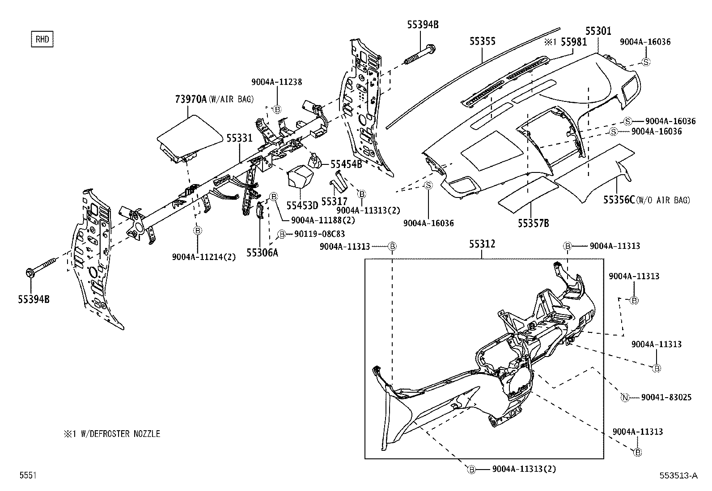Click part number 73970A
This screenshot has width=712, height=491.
[x=191, y=99]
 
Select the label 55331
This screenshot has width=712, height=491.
[x=240, y=138]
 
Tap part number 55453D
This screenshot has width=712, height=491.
[x=302, y=205]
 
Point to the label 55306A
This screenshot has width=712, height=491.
[x=262, y=253]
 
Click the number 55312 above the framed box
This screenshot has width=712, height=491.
[x=482, y=244]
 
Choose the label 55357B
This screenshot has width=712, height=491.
[x=534, y=223]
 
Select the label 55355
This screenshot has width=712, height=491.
[x=483, y=41]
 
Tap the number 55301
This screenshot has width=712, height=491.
[x=598, y=31]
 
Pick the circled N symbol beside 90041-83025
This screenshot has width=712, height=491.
[x=625, y=398]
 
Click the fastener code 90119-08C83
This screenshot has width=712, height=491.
[x=318, y=234]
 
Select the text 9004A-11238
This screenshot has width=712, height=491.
[x=276, y=82]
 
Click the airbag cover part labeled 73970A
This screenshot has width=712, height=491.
[x=190, y=134]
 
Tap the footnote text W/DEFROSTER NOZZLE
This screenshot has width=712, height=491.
[x=120, y=434]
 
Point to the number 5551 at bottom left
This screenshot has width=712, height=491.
[x=27, y=476]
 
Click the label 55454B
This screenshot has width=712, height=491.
[x=346, y=164]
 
